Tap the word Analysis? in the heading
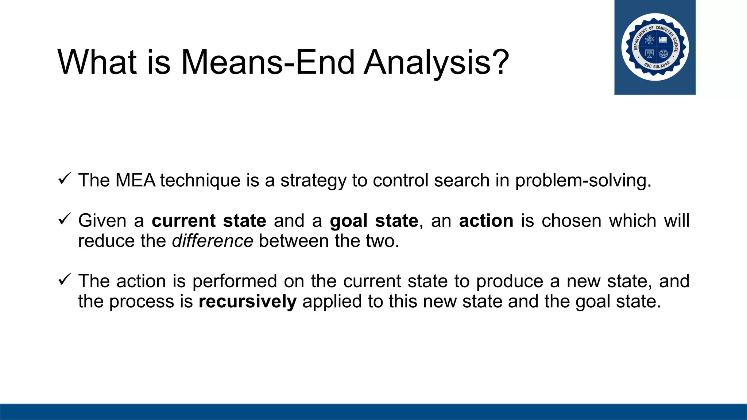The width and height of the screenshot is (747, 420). [x=436, y=63]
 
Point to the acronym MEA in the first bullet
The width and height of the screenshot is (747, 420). [x=135, y=180]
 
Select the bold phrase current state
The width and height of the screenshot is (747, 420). [x=209, y=221]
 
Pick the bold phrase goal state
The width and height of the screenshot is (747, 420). [x=374, y=221]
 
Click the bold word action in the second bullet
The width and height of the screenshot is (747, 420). [x=486, y=221]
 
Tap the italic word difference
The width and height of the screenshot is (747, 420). [x=212, y=241]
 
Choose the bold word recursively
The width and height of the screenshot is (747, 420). [x=247, y=302]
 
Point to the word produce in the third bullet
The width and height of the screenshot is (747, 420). [x=510, y=281]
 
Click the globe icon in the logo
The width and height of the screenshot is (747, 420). [x=663, y=54]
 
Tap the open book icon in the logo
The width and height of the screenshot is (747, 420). [x=663, y=39]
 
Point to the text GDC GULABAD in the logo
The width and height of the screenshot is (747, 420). [x=657, y=66]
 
